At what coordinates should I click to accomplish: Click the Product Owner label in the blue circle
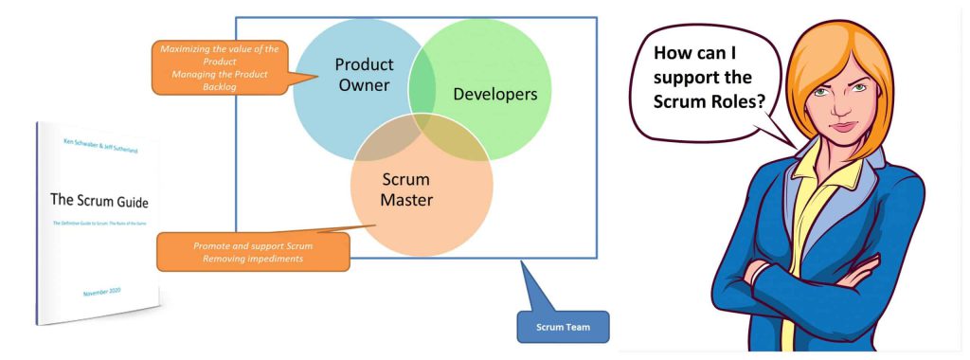363,75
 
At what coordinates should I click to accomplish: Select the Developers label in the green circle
494,94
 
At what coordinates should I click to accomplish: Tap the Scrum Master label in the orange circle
405,189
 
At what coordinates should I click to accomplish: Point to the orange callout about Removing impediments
253,251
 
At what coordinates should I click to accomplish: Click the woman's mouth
825,130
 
